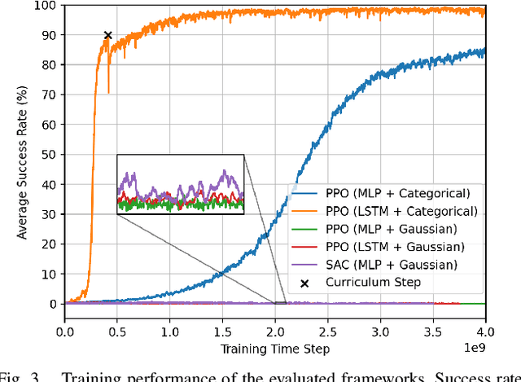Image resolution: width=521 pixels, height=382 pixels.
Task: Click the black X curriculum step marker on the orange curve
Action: (107, 35)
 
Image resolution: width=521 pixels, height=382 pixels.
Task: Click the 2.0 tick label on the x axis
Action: (274, 333)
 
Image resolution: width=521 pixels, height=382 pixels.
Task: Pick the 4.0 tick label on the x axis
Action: (484, 333)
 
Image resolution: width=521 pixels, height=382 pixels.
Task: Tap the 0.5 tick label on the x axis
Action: (117, 333)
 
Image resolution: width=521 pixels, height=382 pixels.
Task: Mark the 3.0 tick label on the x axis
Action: (379, 333)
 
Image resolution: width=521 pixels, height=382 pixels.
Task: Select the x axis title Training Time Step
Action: (274, 349)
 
